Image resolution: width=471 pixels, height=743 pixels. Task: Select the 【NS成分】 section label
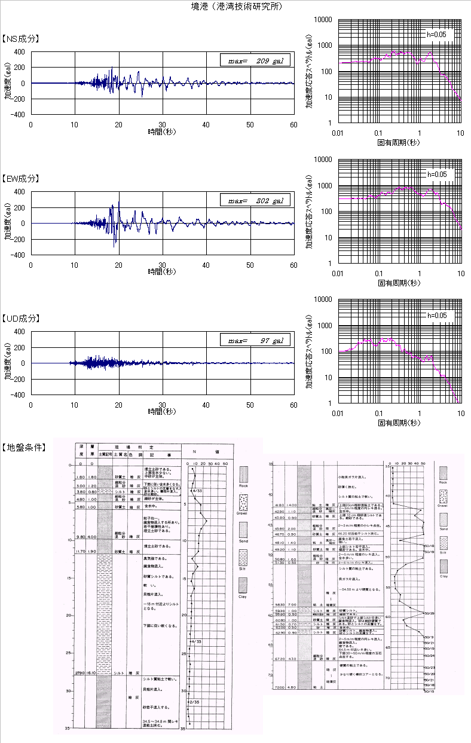tap(21, 39)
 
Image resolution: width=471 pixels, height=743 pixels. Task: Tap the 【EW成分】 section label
tap(21, 179)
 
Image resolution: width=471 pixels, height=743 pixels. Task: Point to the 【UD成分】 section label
tap(21, 319)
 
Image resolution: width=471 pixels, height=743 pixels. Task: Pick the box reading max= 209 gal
tap(255, 61)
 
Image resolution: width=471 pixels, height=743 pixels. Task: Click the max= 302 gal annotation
tap(255, 201)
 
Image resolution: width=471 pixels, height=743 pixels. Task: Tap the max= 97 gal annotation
tap(255, 341)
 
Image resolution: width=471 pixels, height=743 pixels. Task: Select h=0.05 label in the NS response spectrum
tap(436, 34)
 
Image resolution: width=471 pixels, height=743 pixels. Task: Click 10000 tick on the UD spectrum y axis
tap(323, 299)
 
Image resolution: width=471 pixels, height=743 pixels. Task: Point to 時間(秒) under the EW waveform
tap(162, 271)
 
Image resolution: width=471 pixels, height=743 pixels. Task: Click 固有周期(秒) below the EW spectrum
tap(398, 283)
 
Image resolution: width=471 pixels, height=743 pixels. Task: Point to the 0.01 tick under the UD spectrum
tap(338, 414)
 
